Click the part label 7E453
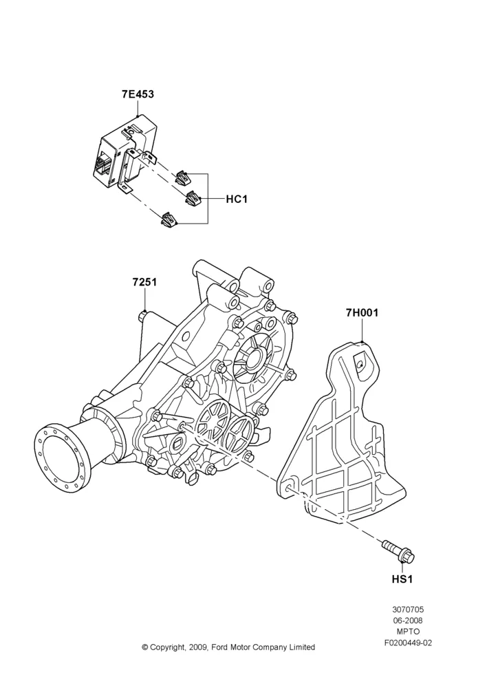(x=138, y=94)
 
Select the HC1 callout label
(x=237, y=200)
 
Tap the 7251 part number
(x=144, y=282)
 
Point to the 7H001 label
(x=362, y=313)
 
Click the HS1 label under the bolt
(x=402, y=579)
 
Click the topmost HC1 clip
(x=183, y=178)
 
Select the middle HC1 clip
(x=193, y=200)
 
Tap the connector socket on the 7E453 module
(x=102, y=165)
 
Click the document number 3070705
(x=408, y=610)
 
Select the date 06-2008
(x=408, y=621)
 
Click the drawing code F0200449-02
(x=408, y=643)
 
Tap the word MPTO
(x=408, y=632)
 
